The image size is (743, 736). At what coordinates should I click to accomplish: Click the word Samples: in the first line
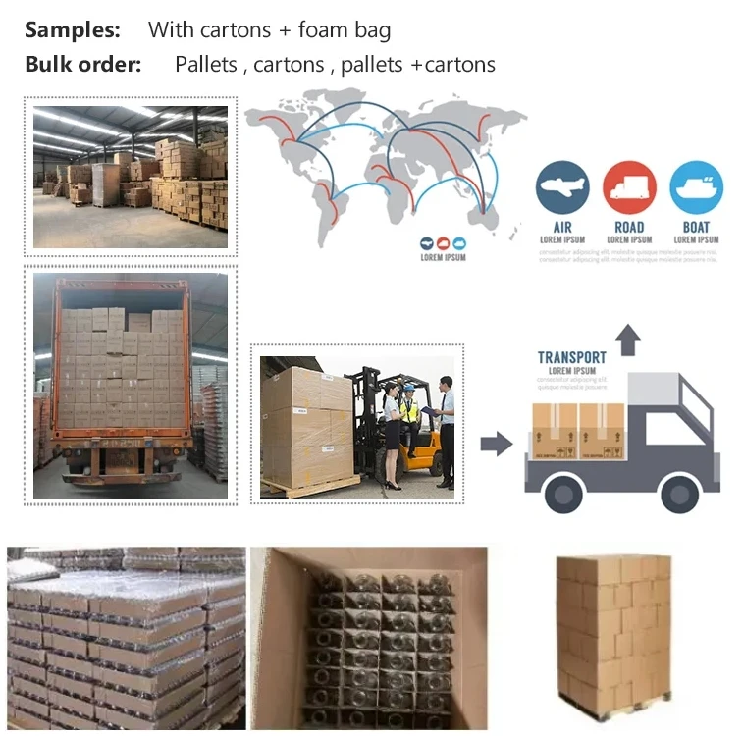[72, 29]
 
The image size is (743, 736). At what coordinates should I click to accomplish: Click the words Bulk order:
[83, 65]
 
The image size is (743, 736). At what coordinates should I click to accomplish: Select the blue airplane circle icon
[562, 188]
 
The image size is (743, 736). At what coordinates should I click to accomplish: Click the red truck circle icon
[629, 188]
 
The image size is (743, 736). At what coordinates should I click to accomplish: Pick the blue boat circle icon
[696, 188]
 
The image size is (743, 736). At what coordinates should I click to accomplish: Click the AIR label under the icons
[562, 227]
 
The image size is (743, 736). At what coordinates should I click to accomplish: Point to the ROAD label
[629, 227]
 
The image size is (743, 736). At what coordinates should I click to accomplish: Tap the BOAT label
[696, 227]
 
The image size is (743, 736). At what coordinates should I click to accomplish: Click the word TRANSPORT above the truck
[571, 357]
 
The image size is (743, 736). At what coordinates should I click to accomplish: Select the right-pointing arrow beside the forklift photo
[497, 444]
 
